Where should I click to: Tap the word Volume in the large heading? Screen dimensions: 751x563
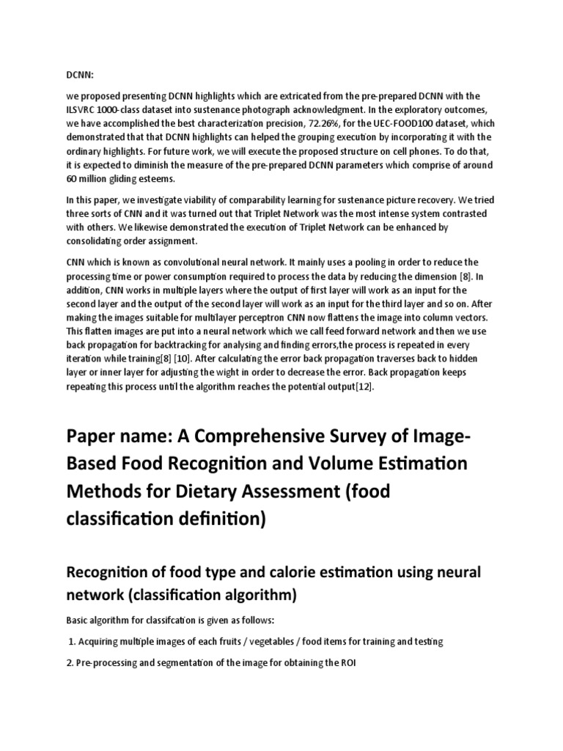[351, 466]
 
